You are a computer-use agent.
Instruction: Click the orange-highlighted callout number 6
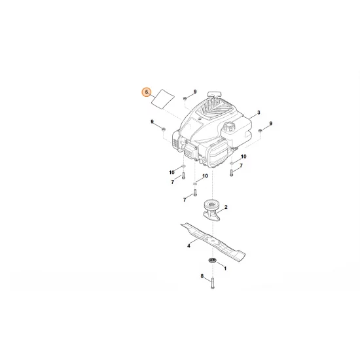pos(147,92)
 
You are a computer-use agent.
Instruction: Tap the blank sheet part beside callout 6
pos(161,99)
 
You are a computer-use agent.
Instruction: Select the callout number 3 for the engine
pos(259,113)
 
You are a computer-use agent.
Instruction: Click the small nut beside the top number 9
pos(185,98)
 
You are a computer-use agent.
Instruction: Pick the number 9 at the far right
pos(271,123)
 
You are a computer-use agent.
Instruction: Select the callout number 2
pos(226,207)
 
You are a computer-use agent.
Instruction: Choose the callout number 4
pos(189,245)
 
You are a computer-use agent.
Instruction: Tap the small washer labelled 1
pos(213,261)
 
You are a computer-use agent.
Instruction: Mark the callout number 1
pos(225,268)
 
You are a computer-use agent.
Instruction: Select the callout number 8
pos(202,278)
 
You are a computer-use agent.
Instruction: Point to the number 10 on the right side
pos(244,157)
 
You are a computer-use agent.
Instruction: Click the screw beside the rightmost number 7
pos(231,173)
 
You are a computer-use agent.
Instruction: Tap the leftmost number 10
pos(171,172)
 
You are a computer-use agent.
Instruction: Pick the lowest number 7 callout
pos(185,198)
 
